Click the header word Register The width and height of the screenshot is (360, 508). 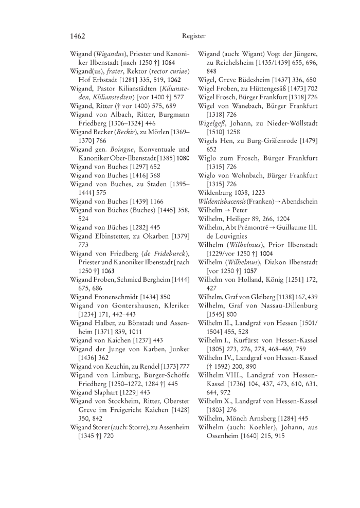point(194,37)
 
